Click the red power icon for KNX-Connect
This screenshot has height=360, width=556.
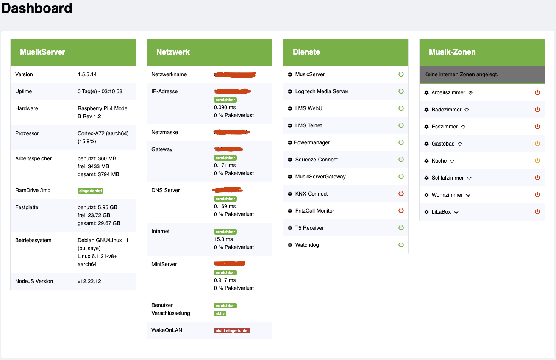point(401,194)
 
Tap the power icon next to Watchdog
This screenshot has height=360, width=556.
point(401,245)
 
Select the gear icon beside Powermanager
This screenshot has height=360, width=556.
point(290,142)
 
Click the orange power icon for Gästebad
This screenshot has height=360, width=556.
point(537,144)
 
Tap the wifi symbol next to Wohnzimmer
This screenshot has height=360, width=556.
point(468,195)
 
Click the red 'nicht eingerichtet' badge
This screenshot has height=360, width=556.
point(232,330)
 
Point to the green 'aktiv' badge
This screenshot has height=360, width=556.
point(220,313)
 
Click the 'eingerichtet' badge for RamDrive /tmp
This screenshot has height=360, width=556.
point(91,191)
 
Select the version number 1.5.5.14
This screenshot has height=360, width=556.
point(87,74)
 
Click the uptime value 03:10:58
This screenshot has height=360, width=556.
point(112,91)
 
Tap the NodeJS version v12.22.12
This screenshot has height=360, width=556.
point(89,281)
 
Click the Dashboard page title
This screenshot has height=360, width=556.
point(37,8)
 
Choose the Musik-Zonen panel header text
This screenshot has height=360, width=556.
point(452,52)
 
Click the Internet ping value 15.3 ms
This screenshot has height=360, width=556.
point(223,239)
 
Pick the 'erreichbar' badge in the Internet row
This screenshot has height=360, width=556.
point(225,232)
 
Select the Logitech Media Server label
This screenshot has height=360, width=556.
point(322,91)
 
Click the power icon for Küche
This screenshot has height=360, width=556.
point(537,161)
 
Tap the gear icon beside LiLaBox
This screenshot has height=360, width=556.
point(426,212)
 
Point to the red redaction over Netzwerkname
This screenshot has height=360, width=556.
point(235,75)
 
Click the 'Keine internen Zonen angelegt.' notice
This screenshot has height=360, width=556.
point(461,74)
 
